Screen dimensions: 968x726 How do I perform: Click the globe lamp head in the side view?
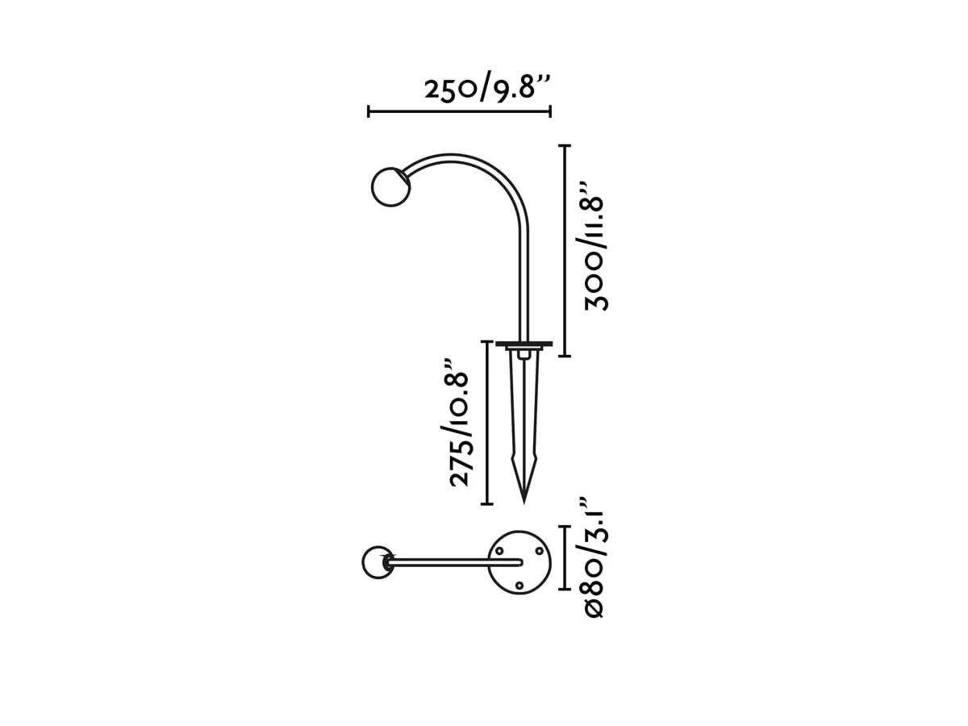pos(390,186)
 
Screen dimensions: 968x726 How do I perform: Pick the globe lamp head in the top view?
pos(378,562)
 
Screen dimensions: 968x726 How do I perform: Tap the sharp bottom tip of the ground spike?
pos(524,503)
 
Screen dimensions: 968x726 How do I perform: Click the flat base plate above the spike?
pos(524,344)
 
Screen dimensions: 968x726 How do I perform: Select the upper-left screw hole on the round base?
pos(499,551)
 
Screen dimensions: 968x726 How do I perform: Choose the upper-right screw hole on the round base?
pos(539,551)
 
